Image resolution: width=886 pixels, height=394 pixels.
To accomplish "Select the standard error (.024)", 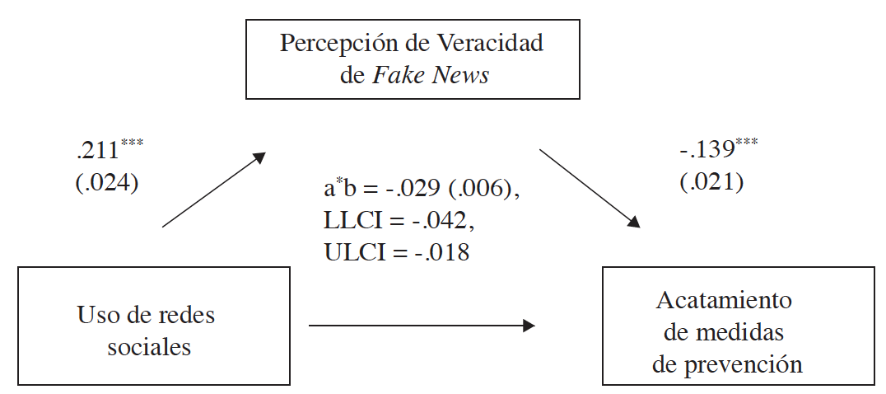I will coord(106,182).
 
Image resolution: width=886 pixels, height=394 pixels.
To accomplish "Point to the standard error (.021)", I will coord(711,182).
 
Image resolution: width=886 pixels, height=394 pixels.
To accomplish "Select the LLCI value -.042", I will coord(441,221).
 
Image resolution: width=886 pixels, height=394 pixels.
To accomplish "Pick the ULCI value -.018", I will coord(440,251).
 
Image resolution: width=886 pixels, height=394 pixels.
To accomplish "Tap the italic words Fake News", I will coord(431,75).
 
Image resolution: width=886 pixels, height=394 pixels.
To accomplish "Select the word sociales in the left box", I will coord(149,347).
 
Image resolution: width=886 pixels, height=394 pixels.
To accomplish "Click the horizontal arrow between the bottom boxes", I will coord(421,326).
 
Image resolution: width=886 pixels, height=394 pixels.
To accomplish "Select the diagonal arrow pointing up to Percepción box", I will coord(214,190).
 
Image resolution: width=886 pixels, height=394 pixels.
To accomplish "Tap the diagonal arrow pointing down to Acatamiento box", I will coord(589,188).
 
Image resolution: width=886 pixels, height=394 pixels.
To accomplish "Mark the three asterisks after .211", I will coord(132,145).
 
